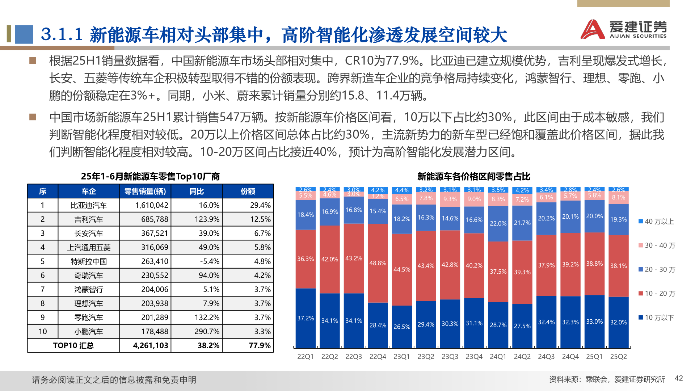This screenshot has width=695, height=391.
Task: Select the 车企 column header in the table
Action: pyautogui.click(x=89, y=191)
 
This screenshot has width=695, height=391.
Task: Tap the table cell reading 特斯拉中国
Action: pyautogui.click(x=89, y=261)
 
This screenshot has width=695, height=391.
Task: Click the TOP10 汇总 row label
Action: pyautogui.click(x=73, y=345)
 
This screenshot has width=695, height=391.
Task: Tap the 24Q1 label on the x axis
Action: pyautogui.click(x=498, y=357)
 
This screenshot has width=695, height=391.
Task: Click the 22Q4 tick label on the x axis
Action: pyautogui.click(x=378, y=357)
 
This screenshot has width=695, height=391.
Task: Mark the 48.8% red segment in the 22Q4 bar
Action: pyautogui.click(x=378, y=263)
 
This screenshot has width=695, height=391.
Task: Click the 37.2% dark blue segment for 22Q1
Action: pyautogui.click(x=306, y=318)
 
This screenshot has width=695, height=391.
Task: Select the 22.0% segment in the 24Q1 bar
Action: pyautogui.click(x=498, y=224)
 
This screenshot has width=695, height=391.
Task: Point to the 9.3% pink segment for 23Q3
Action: pyautogui.click(x=450, y=199)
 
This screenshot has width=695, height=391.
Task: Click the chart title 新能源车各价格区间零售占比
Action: pyautogui.click(x=473, y=177)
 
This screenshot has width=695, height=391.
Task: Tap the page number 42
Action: pyautogui.click(x=679, y=378)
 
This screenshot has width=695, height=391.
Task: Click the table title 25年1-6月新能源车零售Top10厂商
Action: pyautogui.click(x=150, y=177)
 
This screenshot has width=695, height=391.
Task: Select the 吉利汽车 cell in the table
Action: pyautogui.click(x=89, y=219)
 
